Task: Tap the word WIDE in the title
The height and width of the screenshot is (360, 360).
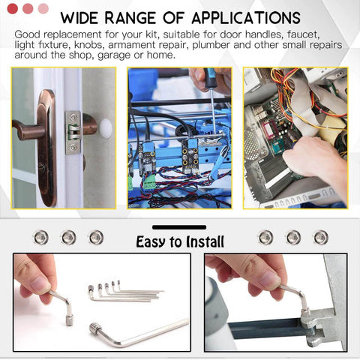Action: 79,18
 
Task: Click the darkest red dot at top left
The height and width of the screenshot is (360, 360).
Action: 13,9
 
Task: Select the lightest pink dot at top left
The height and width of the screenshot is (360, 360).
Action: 43,9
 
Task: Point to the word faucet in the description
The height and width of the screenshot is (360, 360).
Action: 303,34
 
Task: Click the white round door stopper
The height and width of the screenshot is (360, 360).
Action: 106,129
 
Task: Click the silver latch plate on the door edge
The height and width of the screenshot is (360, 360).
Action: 73,132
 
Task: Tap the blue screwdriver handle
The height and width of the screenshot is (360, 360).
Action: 209,78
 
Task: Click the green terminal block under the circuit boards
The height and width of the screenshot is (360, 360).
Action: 150,184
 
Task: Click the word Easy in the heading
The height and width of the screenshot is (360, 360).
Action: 151,242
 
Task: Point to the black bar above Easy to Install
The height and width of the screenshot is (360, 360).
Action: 179,227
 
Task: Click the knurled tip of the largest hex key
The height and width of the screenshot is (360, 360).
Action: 95,328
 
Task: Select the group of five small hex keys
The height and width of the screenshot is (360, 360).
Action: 125,292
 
